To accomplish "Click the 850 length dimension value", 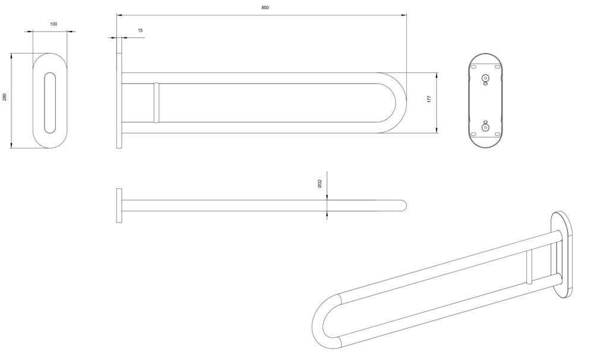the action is click(x=265, y=8).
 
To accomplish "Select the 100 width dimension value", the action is click(x=53, y=24).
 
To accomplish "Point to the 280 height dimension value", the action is click(x=5, y=97).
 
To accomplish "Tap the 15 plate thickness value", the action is click(x=141, y=30).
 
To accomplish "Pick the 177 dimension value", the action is click(x=429, y=99).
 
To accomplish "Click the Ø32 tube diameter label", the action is click(x=320, y=184).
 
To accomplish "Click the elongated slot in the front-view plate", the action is click(x=50, y=103).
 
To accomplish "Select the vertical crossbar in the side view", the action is click(x=156, y=103).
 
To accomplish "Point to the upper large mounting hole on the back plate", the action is click(x=485, y=78).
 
